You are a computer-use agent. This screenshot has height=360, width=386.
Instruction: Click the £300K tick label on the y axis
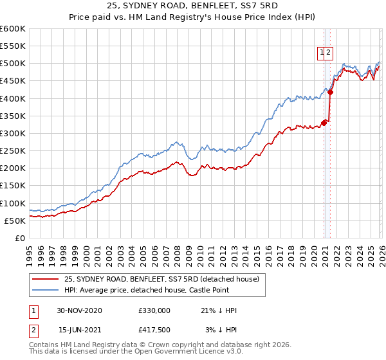(x=13, y=134)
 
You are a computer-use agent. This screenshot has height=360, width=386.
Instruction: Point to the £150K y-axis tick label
(x=13, y=186)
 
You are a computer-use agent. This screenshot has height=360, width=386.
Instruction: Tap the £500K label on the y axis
(x=13, y=64)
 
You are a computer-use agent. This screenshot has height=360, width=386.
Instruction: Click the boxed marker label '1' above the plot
(x=321, y=53)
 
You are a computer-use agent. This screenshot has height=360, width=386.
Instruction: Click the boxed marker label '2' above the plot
(x=329, y=53)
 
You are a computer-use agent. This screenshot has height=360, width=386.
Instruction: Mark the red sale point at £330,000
(x=324, y=123)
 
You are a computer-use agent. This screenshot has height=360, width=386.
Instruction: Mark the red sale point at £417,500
(x=330, y=92)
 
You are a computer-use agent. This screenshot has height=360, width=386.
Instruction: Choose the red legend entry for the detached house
(x=161, y=279)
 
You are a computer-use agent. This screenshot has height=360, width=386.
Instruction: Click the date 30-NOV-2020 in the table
(x=79, y=310)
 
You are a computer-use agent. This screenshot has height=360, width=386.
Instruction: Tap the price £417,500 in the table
(x=154, y=330)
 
